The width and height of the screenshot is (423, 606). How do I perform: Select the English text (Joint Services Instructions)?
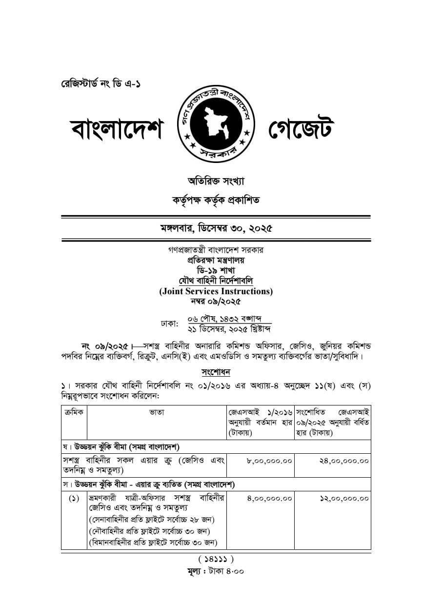216,291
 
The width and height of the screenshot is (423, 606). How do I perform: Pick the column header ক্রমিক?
74,412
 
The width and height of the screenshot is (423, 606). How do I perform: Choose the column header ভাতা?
157,412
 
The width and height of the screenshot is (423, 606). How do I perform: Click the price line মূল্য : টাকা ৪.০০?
216,571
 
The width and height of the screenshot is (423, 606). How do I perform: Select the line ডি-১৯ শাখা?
216,270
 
